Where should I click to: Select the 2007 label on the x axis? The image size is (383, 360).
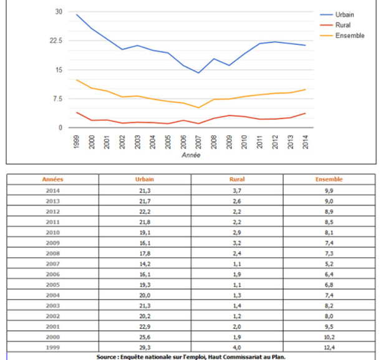[x=198, y=142]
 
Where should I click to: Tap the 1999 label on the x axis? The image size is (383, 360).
[x=76, y=142]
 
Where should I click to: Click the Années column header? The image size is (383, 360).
[x=52, y=180]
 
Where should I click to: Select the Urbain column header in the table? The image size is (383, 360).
[x=145, y=180]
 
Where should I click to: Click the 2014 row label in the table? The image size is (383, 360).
[x=52, y=190]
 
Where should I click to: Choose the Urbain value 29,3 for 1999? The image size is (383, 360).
[x=145, y=348]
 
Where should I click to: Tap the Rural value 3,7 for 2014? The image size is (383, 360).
[x=236, y=190]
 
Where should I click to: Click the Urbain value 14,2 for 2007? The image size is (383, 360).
[x=145, y=264]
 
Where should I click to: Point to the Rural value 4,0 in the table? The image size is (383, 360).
[x=236, y=348]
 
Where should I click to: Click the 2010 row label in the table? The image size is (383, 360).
[x=52, y=232]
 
